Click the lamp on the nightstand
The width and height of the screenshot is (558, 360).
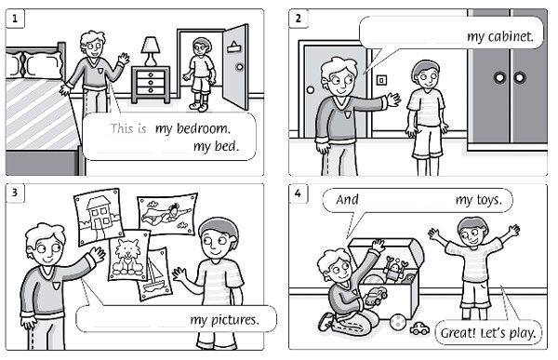(x=151, y=51)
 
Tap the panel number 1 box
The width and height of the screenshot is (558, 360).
(x=15, y=19)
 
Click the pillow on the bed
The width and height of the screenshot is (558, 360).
(x=34, y=65)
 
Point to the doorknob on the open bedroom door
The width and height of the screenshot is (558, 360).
(x=240, y=67)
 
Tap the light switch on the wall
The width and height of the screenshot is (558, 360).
(x=381, y=80)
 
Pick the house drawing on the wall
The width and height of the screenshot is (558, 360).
(x=99, y=217)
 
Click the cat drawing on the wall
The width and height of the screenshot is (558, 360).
(x=129, y=255)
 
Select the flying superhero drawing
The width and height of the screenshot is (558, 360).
(x=166, y=213)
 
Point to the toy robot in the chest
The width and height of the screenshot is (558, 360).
(x=393, y=268)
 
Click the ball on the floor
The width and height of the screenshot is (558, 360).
(x=398, y=322)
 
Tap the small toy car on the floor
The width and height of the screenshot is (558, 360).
(x=420, y=328)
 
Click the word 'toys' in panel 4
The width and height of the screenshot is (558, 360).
(x=490, y=201)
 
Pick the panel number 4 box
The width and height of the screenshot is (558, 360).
(x=299, y=193)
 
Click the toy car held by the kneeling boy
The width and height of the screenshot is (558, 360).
(x=375, y=296)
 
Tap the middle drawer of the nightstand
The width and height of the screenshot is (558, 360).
(x=151, y=83)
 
